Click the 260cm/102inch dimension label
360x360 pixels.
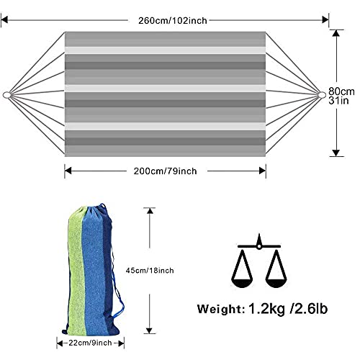point(173,21)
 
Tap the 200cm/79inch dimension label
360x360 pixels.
point(165,171)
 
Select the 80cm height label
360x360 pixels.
point(341,91)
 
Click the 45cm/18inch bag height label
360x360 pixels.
point(150,271)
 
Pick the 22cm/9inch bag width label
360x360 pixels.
point(90,343)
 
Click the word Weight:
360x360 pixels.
point(221,309)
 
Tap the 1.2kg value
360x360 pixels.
point(267,309)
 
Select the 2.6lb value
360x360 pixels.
point(309,308)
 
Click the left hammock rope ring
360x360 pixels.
point(6,95)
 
